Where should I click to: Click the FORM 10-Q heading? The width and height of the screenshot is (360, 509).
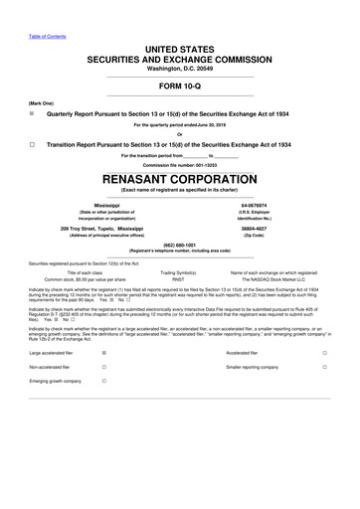180,85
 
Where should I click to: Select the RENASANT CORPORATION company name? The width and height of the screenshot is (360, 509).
180,177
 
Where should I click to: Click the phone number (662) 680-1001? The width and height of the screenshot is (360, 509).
180,245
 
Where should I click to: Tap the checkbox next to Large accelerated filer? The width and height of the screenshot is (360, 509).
104,353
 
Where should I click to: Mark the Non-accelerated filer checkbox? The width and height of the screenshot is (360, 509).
104,367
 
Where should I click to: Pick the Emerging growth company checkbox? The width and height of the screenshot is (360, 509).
104,381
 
